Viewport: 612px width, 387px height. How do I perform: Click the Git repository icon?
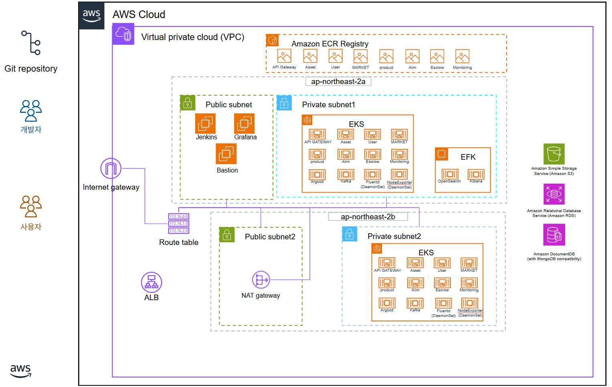(x=31, y=43)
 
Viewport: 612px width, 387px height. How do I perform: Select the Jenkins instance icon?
(x=205, y=123)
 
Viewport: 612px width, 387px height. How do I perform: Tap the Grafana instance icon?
(x=244, y=123)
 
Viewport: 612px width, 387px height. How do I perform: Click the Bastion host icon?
(x=226, y=154)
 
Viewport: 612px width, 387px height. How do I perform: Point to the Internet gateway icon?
(x=111, y=168)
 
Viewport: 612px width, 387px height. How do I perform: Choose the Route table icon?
(x=179, y=223)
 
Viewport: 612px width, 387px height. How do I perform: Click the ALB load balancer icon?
(x=151, y=282)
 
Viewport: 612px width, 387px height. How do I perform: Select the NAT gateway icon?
(x=261, y=280)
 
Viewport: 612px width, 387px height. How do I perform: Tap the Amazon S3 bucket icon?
(x=554, y=154)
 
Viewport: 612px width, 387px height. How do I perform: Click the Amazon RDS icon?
(x=554, y=194)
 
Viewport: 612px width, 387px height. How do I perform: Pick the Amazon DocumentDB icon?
(x=554, y=235)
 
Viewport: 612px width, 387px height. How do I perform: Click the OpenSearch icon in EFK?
(x=450, y=174)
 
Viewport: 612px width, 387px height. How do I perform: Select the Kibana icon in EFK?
(x=476, y=174)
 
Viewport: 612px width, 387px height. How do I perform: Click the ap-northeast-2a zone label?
(x=338, y=82)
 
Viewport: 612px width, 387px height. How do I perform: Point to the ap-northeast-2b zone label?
(x=368, y=217)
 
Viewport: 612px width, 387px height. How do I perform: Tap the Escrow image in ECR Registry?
(x=437, y=56)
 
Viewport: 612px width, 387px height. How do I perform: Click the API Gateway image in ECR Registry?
(x=284, y=56)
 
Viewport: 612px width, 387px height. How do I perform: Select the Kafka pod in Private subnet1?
(x=346, y=174)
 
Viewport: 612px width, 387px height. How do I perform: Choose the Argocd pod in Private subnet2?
(x=387, y=303)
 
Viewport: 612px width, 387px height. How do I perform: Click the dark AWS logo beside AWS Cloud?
(x=91, y=16)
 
